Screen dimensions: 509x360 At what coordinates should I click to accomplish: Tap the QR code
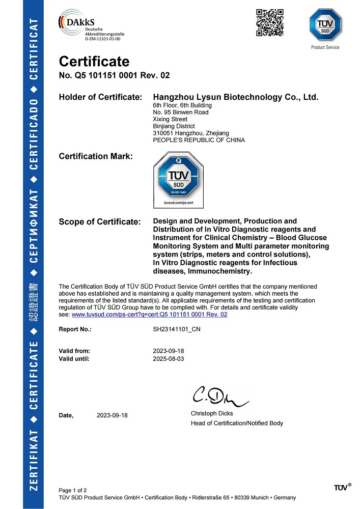click(269, 23)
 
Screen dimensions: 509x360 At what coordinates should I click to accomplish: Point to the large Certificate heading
click(94, 62)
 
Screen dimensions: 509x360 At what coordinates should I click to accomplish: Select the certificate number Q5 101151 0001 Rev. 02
click(114, 75)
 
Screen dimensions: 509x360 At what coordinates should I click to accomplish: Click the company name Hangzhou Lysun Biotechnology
click(236, 97)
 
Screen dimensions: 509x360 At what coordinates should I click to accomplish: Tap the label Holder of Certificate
click(100, 97)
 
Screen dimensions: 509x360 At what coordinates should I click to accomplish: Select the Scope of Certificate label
click(99, 222)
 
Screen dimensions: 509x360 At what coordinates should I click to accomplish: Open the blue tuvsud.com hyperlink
click(149, 315)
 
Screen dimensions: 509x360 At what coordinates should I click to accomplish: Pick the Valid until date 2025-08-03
click(168, 358)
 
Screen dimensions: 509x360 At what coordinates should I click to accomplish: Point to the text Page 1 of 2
click(73, 490)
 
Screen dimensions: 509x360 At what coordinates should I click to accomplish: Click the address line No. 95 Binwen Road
click(180, 112)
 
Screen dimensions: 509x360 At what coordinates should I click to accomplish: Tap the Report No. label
click(75, 329)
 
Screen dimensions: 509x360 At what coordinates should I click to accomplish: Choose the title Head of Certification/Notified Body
click(237, 423)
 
